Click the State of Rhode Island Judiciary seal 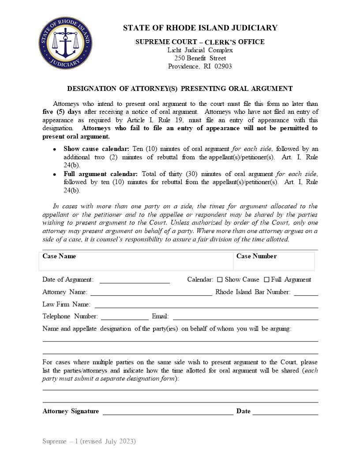(x=65, y=44)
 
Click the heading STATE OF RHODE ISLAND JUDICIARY (x=200, y=28)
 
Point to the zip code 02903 (x=223, y=67)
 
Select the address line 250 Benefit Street (x=200, y=58)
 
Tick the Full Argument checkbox (x=266, y=280)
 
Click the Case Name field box (x=136, y=261)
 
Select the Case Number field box (x=274, y=261)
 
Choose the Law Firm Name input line (x=206, y=305)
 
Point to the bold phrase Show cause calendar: (x=96, y=149)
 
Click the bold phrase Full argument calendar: (x=101, y=174)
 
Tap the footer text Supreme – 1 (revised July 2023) (x=89, y=441)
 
